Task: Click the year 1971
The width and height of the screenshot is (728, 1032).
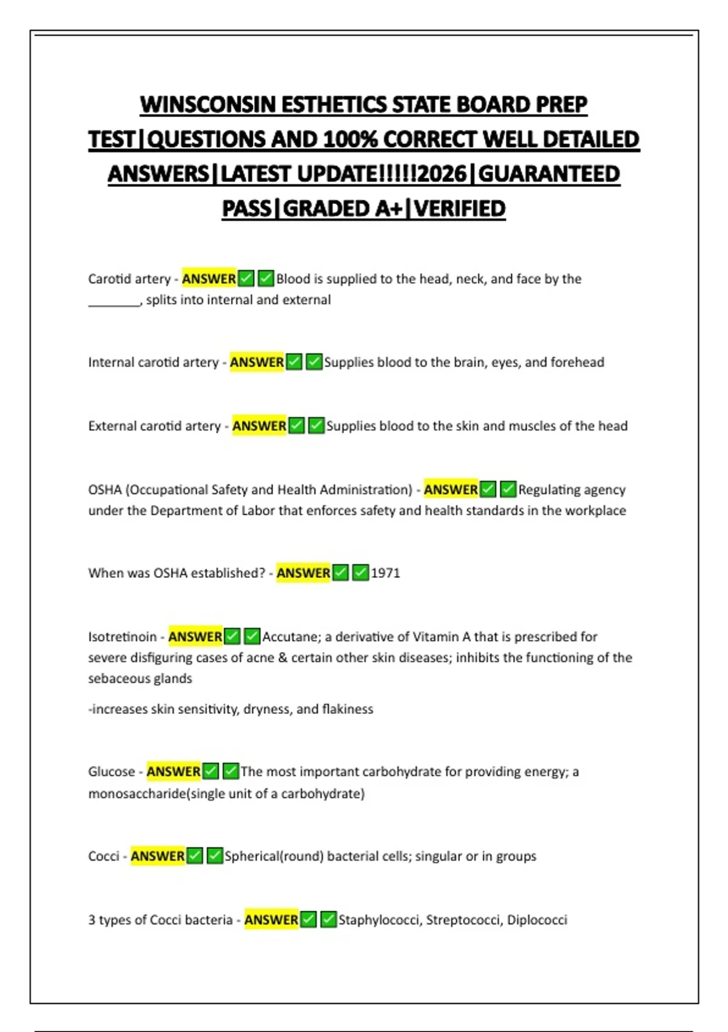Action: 385,573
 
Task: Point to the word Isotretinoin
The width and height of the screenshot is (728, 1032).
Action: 122,637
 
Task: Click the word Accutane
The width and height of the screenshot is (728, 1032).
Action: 290,637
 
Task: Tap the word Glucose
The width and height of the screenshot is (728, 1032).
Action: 111,772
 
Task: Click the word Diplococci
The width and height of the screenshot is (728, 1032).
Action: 537,920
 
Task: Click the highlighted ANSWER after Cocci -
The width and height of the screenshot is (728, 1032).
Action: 158,856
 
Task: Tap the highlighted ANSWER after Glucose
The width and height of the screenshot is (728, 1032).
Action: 174,772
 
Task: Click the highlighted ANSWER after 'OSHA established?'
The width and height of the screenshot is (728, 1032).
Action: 303,573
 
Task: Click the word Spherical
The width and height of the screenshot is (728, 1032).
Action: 251,856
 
